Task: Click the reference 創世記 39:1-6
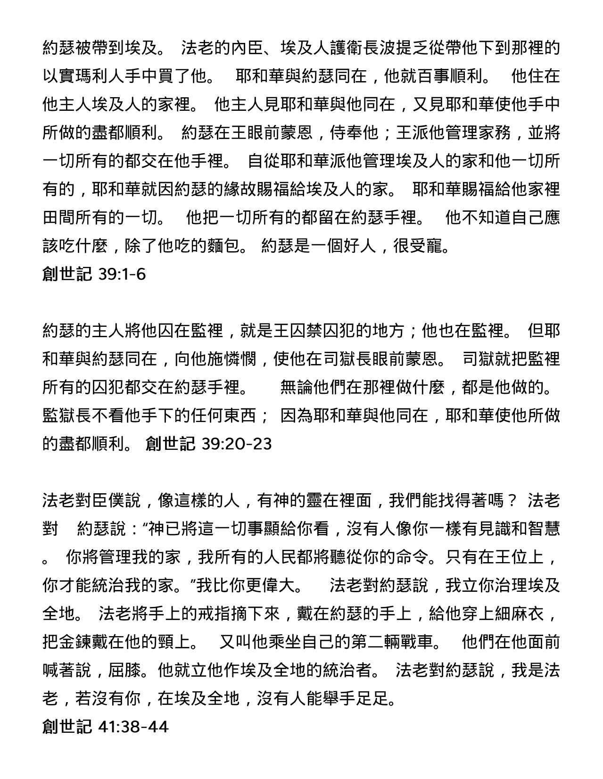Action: click(94, 274)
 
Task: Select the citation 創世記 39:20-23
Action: click(209, 444)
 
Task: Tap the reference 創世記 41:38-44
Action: click(105, 727)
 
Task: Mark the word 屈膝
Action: click(125, 670)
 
